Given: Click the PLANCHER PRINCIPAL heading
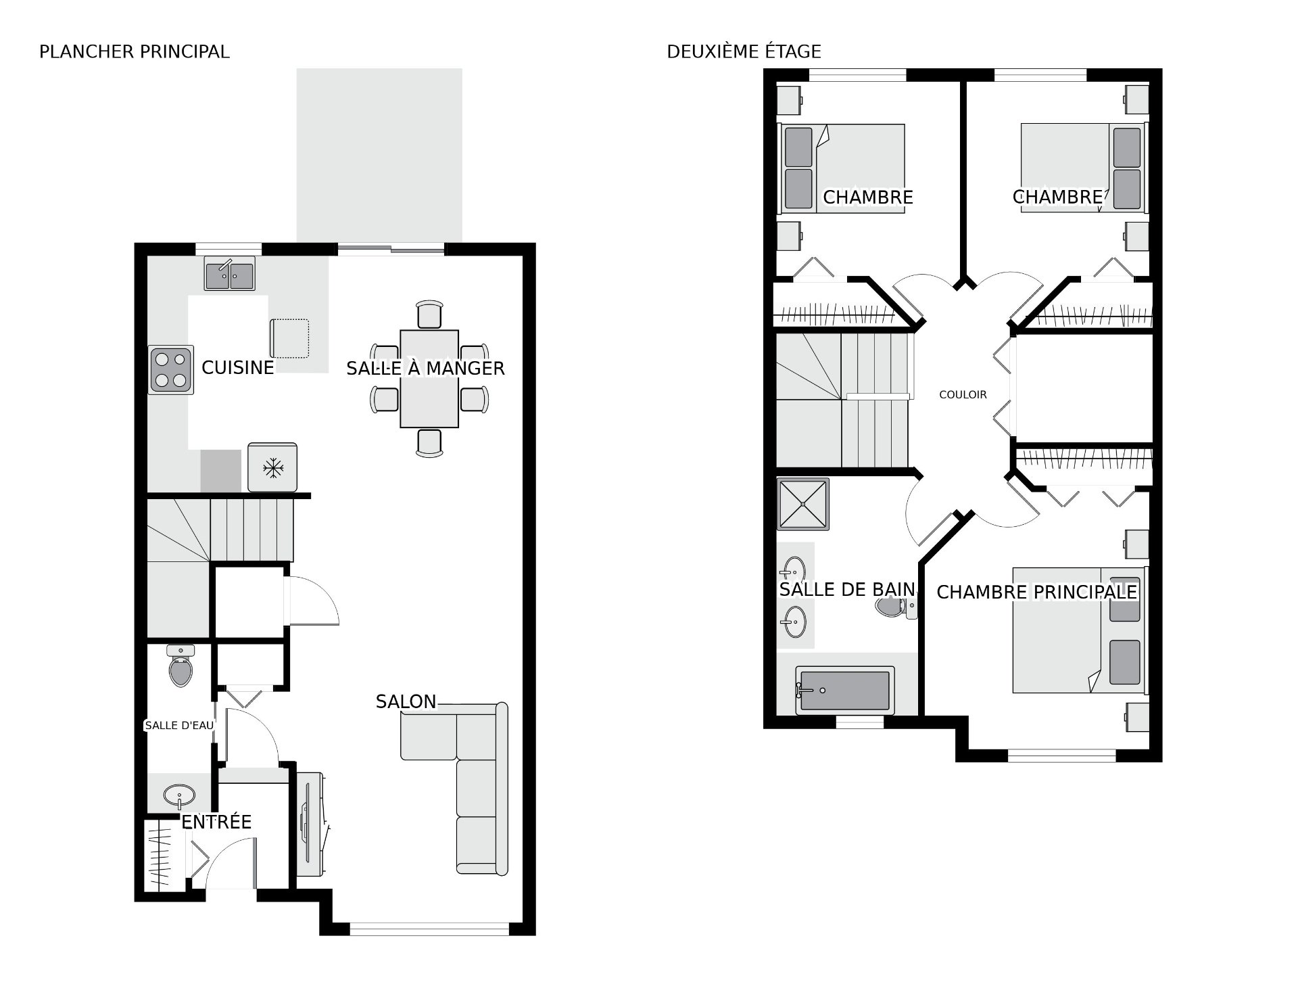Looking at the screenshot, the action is [135, 51].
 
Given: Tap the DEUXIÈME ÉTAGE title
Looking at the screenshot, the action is [744, 51].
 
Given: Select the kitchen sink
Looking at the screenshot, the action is [230, 275].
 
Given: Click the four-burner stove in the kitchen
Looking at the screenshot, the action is [171, 370].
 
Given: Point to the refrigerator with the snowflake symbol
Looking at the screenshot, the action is [272, 467].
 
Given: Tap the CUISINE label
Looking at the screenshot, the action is [238, 367].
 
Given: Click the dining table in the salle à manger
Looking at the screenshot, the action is [429, 379].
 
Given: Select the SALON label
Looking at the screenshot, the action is [406, 702].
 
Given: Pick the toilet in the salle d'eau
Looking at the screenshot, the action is [181, 666].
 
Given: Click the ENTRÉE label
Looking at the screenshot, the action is [216, 822].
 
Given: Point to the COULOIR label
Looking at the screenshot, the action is [963, 395].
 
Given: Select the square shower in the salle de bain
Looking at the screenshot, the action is [803, 505].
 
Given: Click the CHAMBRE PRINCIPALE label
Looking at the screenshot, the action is [1036, 592].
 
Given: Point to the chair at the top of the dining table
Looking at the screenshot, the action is [429, 315].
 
